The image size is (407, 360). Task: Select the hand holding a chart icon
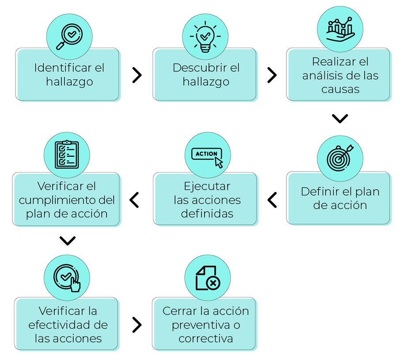click(x=340, y=29)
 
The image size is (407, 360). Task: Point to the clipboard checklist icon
click(x=67, y=155)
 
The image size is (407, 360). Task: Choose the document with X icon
click(x=207, y=278)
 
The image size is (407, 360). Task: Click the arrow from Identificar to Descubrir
click(x=137, y=75)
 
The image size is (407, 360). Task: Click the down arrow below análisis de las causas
click(x=340, y=119)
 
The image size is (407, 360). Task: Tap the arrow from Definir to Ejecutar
click(x=272, y=200)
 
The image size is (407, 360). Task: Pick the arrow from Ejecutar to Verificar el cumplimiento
click(x=134, y=200)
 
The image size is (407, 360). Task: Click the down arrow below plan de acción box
click(x=67, y=241)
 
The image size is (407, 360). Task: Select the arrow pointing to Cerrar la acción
click(x=137, y=325)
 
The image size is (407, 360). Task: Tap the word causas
click(x=340, y=89)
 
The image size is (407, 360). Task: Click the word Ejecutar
click(x=207, y=186)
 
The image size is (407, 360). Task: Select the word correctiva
click(x=205, y=339)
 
